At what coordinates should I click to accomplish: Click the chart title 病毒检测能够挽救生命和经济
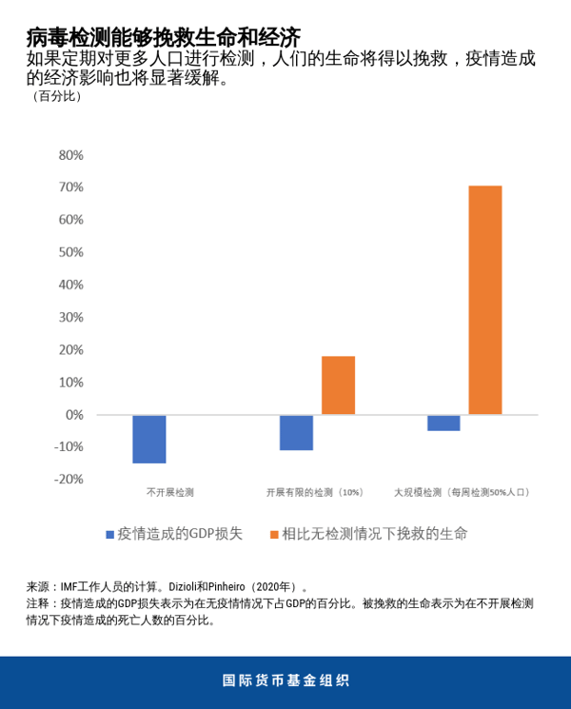pos(163,36)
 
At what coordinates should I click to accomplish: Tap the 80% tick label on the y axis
pos(71,155)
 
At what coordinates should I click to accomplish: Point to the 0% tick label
pos(75,415)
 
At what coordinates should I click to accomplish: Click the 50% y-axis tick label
pos(71,252)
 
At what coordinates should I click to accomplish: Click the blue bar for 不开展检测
pos(149,439)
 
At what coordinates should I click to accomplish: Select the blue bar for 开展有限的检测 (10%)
pos(296,432)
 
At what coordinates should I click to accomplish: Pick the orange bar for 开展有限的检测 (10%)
pos(338,385)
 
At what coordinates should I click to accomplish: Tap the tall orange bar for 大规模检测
pos(484,300)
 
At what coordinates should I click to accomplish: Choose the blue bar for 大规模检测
pos(443,423)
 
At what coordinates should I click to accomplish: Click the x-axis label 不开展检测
pos(169,493)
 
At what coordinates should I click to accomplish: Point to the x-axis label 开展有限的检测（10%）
pos(315,493)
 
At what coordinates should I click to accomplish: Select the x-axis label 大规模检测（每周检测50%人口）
pos(463,493)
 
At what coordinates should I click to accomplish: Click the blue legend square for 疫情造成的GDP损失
pos(110,535)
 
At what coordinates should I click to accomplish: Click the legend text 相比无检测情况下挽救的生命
pos(374,534)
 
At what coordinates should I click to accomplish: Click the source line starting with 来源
pos(167,587)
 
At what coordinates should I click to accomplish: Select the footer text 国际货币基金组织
pos(285,680)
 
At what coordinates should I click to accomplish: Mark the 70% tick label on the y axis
pos(71,187)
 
